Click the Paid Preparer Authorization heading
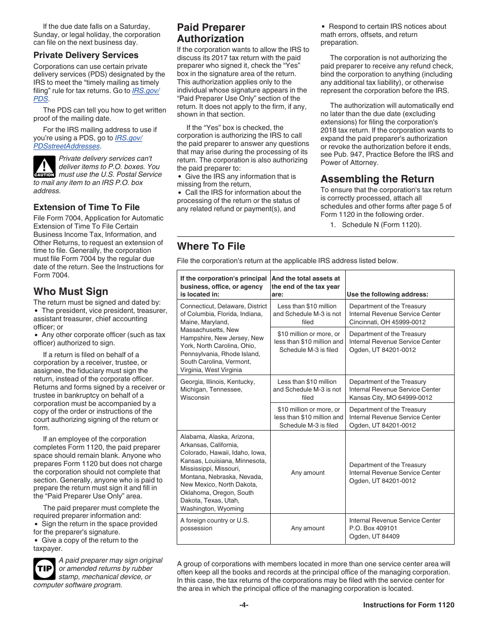click(x=211, y=33)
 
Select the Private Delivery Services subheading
click(x=86, y=55)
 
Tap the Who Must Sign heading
click(x=71, y=291)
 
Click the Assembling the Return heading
click(x=377, y=179)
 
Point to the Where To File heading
click(x=211, y=246)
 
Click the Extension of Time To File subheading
click(x=86, y=207)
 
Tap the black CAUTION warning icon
click(x=44, y=167)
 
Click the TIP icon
click(x=44, y=569)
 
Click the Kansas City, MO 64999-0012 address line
click(x=390, y=398)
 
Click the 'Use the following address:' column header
click(x=387, y=294)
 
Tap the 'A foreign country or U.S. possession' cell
click(x=214, y=524)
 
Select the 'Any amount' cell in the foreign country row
click(x=308, y=528)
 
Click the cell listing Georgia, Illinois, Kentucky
click(x=217, y=389)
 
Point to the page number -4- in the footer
click(x=244, y=605)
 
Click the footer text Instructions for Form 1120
click(x=408, y=605)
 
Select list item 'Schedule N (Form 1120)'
click(x=381, y=225)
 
